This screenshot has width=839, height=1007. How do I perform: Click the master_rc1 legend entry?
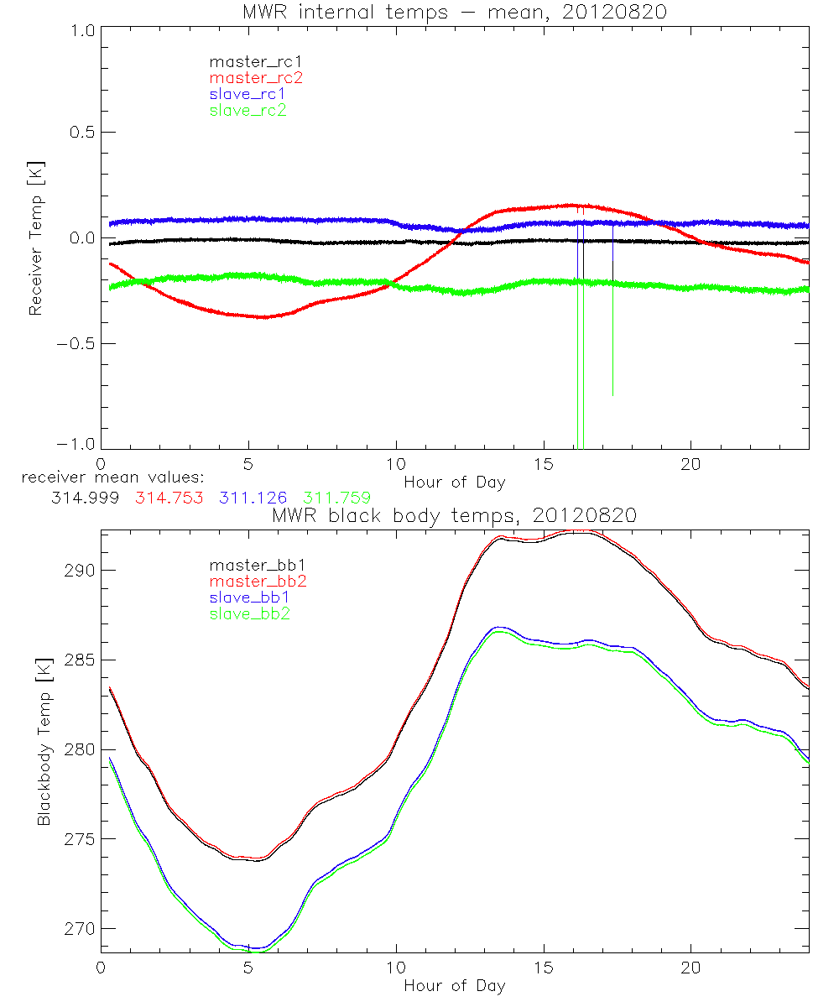(x=248, y=61)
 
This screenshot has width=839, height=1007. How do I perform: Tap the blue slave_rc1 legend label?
(x=248, y=94)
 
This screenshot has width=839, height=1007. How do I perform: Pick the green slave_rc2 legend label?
(x=248, y=110)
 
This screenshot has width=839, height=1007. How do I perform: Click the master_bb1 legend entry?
(x=248, y=568)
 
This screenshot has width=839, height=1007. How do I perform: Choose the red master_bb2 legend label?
(x=248, y=583)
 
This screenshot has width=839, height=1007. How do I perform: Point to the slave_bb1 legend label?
(x=248, y=599)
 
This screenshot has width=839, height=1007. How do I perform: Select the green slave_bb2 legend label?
(x=248, y=615)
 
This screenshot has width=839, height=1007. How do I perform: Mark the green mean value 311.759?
(x=336, y=498)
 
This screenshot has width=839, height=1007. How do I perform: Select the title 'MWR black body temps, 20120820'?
(x=454, y=515)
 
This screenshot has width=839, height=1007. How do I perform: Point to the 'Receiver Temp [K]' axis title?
(x=35, y=237)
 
